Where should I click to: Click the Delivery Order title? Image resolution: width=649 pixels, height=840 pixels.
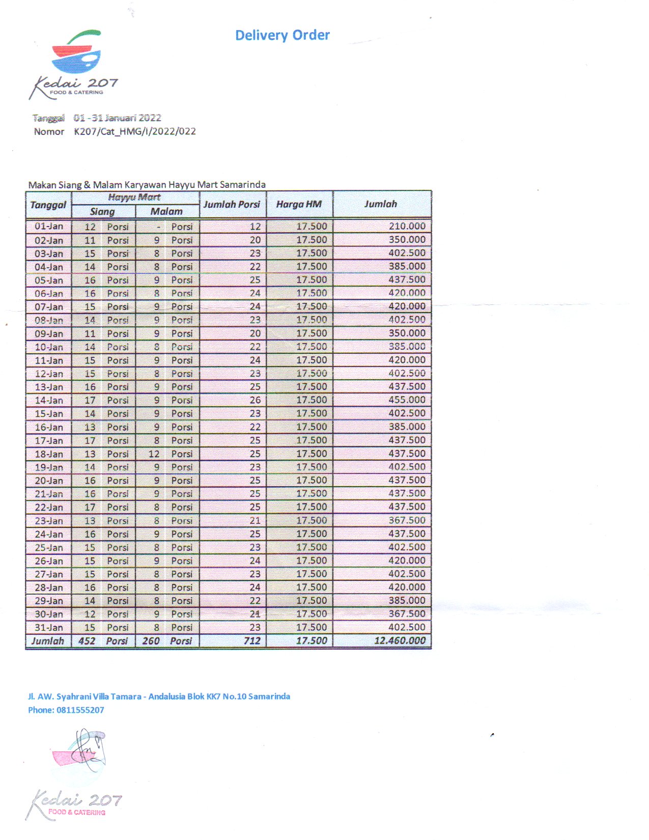282,35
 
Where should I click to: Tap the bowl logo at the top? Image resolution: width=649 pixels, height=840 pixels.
76,53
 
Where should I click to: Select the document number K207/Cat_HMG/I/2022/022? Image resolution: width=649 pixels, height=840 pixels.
135,131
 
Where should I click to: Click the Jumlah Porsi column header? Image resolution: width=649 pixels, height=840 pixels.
232,205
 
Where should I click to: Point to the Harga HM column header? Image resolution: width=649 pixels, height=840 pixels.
299,205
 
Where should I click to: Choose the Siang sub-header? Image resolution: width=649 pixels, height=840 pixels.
102,211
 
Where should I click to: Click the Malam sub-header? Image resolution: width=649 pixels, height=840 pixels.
166,211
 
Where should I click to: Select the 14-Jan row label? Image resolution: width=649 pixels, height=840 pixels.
49,400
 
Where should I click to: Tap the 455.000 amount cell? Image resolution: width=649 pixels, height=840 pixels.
407,400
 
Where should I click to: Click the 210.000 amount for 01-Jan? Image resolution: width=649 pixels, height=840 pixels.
407,226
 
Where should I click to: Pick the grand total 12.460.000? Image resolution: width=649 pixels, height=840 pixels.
400,640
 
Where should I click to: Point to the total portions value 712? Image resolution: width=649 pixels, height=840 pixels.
252,640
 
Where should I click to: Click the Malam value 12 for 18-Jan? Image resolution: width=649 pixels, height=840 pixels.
154,454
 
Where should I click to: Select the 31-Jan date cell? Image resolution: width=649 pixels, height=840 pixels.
49,627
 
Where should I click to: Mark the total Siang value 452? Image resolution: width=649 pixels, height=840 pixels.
87,640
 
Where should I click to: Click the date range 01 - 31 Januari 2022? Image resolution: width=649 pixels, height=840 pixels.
118,118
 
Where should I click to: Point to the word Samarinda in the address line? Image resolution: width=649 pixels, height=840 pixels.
269,696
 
